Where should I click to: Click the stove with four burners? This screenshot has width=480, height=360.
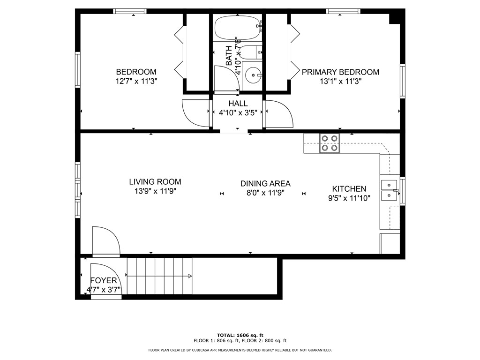329,143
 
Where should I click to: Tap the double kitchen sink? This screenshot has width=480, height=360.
389,190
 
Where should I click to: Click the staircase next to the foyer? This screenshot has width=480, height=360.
159,276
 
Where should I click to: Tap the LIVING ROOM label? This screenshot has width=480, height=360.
155,182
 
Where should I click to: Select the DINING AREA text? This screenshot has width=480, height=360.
265,184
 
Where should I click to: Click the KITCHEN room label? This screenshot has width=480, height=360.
349,189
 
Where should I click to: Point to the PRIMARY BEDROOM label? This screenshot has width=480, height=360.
340,72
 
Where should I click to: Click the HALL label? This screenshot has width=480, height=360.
238,104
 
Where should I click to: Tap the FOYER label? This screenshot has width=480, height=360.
104,281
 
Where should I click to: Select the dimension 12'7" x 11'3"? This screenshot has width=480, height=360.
136,81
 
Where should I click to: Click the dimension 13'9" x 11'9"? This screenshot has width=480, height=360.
155,191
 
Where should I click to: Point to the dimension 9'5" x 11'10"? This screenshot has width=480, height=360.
349,198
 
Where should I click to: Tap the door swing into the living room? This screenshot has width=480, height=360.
106,241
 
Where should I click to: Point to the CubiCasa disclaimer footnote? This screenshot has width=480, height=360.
240,350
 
